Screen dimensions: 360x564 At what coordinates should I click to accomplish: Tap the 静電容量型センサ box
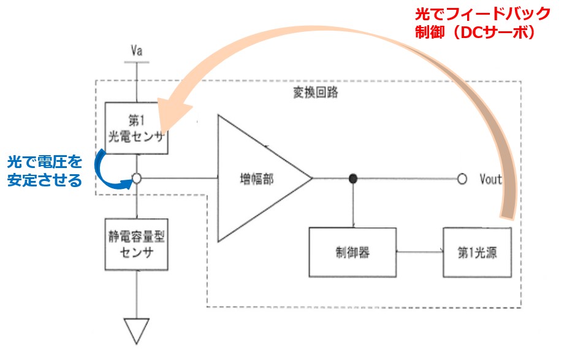[x=137, y=246]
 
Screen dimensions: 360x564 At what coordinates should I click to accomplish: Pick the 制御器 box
[x=352, y=251]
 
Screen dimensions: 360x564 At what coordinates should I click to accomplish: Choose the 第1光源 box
[x=477, y=251]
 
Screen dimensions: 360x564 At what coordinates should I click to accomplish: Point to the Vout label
[x=490, y=179]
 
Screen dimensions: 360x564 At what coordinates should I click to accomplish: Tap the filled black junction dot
[x=352, y=178]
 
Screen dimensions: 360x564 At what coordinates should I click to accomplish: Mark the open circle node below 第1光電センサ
[x=137, y=178]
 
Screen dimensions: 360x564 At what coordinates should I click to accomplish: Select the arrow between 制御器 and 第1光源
[x=420, y=251]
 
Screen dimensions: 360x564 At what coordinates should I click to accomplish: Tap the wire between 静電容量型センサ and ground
[x=137, y=294]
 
